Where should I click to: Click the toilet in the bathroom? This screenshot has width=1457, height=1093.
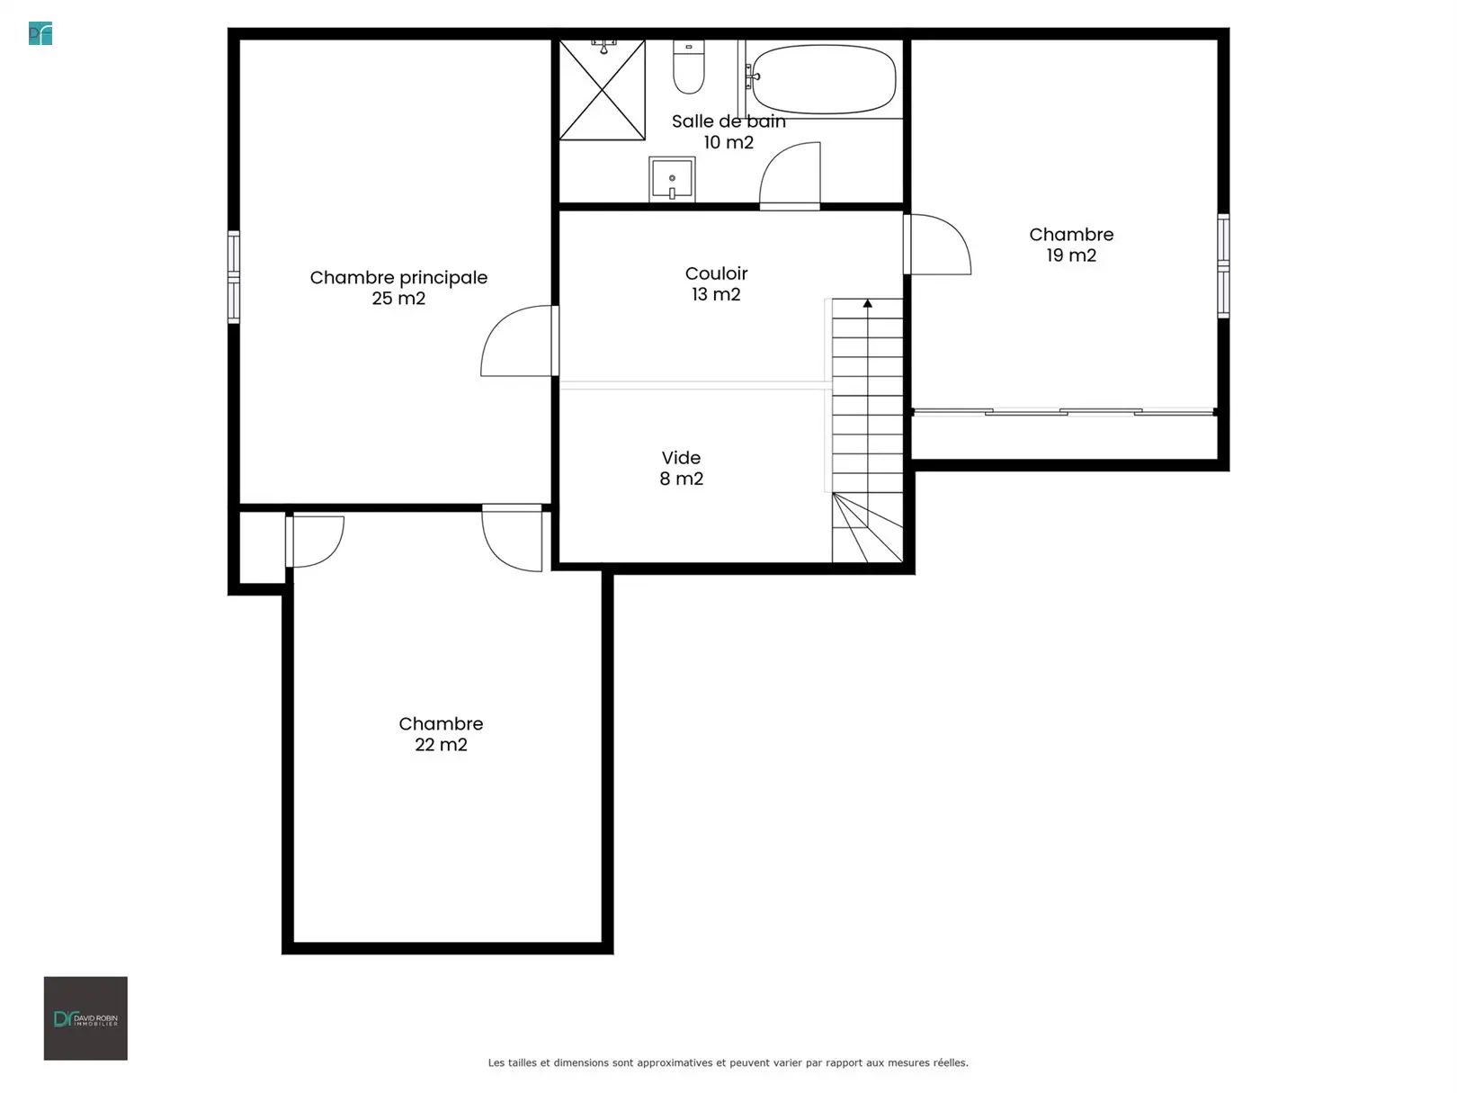coord(688,67)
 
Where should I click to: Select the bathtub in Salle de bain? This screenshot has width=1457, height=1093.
coord(824,79)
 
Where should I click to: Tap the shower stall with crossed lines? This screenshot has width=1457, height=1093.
coord(602,90)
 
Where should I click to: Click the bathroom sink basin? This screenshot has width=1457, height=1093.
coord(672,179)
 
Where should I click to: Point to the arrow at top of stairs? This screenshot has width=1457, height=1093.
coord(868,303)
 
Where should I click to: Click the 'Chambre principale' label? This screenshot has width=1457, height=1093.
coord(398,278)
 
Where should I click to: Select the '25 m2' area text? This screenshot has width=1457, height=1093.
coord(398,299)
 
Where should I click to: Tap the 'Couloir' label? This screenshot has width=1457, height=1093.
coord(716,273)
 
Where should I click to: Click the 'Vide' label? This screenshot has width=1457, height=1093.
coord(681,458)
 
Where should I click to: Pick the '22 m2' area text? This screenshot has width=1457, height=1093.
coord(441,745)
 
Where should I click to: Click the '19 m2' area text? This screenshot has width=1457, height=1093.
coord(1071,255)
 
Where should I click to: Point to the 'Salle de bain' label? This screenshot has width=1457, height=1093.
coord(728,121)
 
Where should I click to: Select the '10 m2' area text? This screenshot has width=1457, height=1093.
coord(728,143)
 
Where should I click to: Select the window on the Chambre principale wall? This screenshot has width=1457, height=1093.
coord(234,277)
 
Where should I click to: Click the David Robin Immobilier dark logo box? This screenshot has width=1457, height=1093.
coord(85,1018)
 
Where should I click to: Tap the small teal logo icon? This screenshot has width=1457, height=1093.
coord(40,33)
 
